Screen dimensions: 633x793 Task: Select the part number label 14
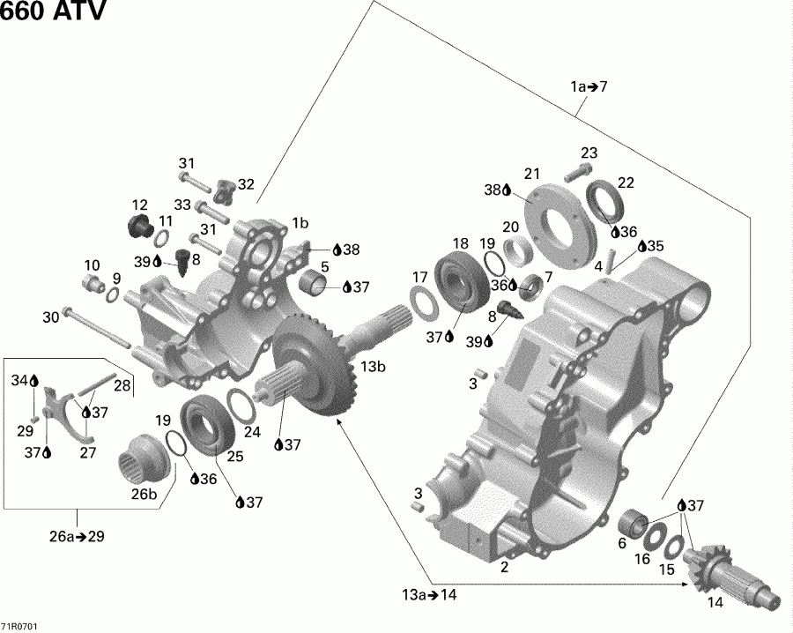pos(715,602)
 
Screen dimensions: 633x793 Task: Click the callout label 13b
pos(372,366)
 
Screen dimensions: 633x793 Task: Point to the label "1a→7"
pos(589,86)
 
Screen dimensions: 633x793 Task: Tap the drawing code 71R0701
pos(19,627)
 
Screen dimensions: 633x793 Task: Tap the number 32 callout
pos(246,184)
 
